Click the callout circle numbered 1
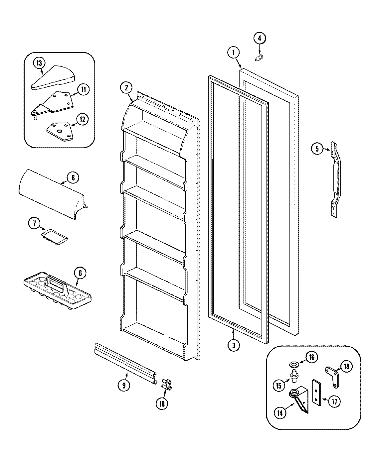click(234, 52)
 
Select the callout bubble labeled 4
click(260, 38)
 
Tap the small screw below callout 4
click(259, 58)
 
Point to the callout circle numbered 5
click(317, 149)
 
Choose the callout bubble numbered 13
click(40, 62)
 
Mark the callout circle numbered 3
click(234, 345)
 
